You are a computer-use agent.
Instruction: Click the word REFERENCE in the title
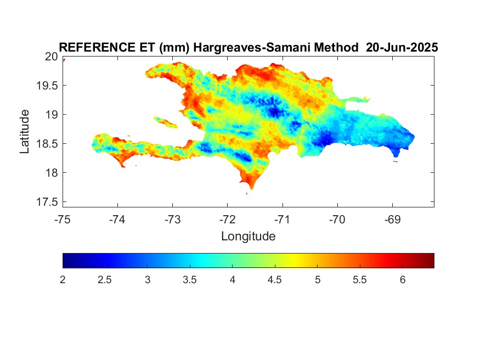pos(97,47)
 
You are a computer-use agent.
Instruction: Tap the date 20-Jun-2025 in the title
pos(402,47)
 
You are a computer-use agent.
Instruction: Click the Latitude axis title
pos(24,131)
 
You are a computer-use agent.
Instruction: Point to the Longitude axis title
pos(249,237)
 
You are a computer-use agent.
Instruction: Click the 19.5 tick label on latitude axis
pos(47,86)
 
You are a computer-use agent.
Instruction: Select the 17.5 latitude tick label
pos(47,202)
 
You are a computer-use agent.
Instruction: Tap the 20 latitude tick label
pos(51,57)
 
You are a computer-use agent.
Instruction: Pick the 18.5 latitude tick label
pos(47,144)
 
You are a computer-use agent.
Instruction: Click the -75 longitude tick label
pos(63,220)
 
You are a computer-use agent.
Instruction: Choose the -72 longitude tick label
pos(228,220)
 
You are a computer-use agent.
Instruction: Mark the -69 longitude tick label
pos(392,220)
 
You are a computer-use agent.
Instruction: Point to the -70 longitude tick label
pos(337,220)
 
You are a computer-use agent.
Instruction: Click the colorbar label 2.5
pos(105,280)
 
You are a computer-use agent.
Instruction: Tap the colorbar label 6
pos(403,280)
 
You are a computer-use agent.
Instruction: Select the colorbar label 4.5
pos(275,280)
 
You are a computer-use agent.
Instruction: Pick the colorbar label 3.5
pos(189,280)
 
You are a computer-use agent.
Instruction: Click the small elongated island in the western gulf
pos(166,122)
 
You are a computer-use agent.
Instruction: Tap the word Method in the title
pos(336,47)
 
